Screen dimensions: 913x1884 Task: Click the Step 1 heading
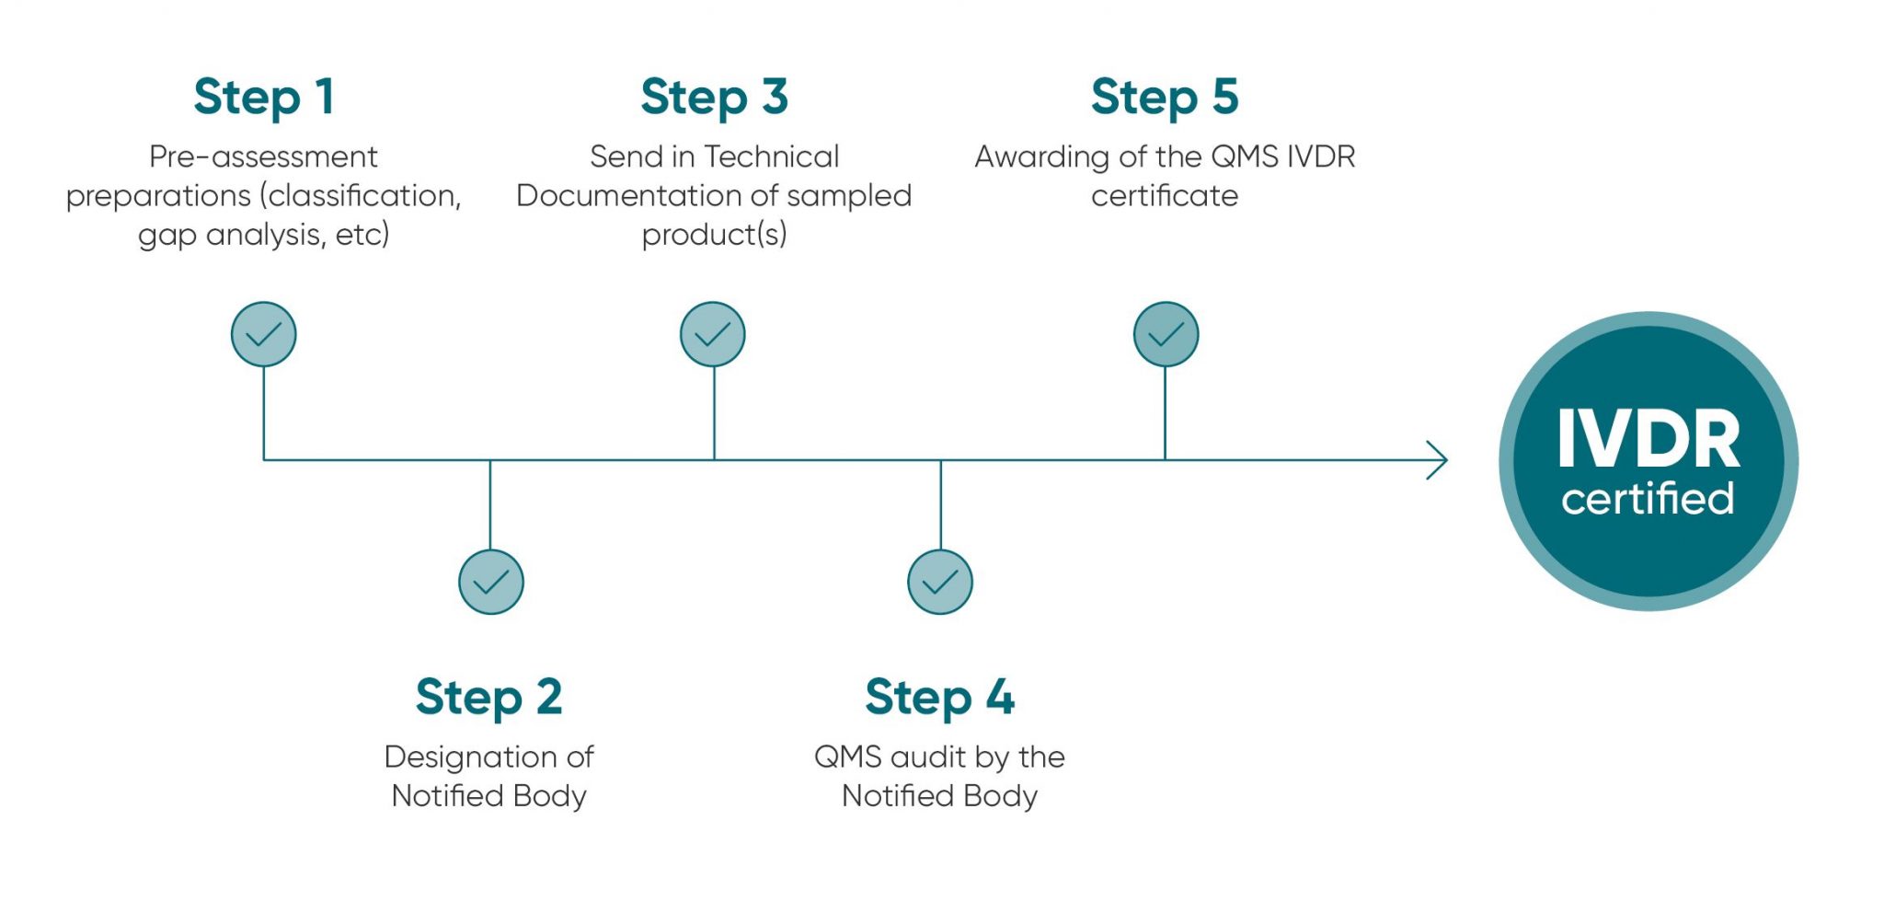point(264,98)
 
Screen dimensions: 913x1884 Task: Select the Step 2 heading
point(488,697)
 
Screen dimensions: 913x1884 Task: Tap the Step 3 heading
point(714,98)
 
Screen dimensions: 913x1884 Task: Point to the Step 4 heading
point(939,697)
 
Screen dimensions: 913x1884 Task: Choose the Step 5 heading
point(1165,98)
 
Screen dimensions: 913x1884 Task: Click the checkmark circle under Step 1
point(264,334)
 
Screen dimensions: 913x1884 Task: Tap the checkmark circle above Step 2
point(490,582)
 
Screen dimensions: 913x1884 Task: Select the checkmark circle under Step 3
point(713,334)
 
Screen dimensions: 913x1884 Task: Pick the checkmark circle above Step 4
point(939,582)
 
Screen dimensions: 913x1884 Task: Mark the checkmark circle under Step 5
point(1166,334)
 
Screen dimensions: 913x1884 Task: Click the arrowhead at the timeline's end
point(1438,460)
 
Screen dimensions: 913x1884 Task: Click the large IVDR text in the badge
point(1648,440)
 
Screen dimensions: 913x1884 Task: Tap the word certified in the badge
point(1648,499)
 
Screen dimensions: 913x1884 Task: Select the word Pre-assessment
point(263,157)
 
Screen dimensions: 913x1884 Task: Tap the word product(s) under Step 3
point(714,236)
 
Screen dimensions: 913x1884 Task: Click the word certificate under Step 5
point(1165,196)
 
